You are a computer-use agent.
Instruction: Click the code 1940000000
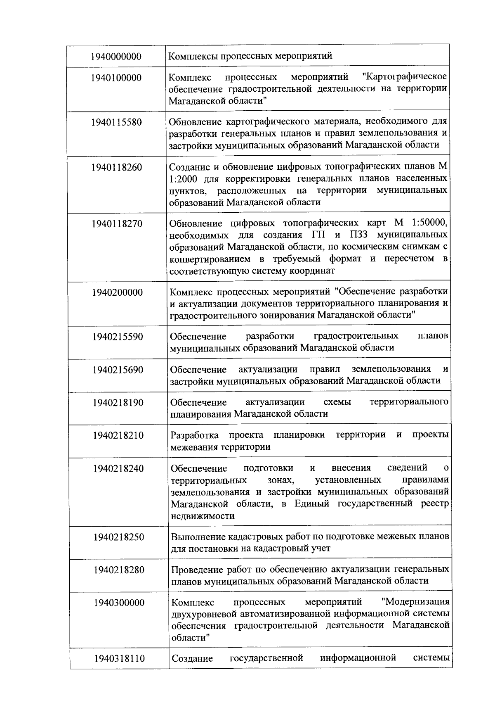117,56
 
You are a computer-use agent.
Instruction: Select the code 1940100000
117,78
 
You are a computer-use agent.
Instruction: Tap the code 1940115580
117,123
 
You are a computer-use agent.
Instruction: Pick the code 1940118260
117,167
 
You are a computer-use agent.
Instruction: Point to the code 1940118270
117,224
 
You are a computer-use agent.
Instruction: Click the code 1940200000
118,292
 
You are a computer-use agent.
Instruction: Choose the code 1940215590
118,337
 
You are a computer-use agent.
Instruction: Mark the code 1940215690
118,370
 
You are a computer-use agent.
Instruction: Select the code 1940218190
118,403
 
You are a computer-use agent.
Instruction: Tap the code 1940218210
118,435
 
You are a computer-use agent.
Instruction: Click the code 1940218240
119,469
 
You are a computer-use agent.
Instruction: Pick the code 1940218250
119,537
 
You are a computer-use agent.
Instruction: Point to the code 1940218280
119,570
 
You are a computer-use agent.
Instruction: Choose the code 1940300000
119,603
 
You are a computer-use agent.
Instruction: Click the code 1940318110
119,658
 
